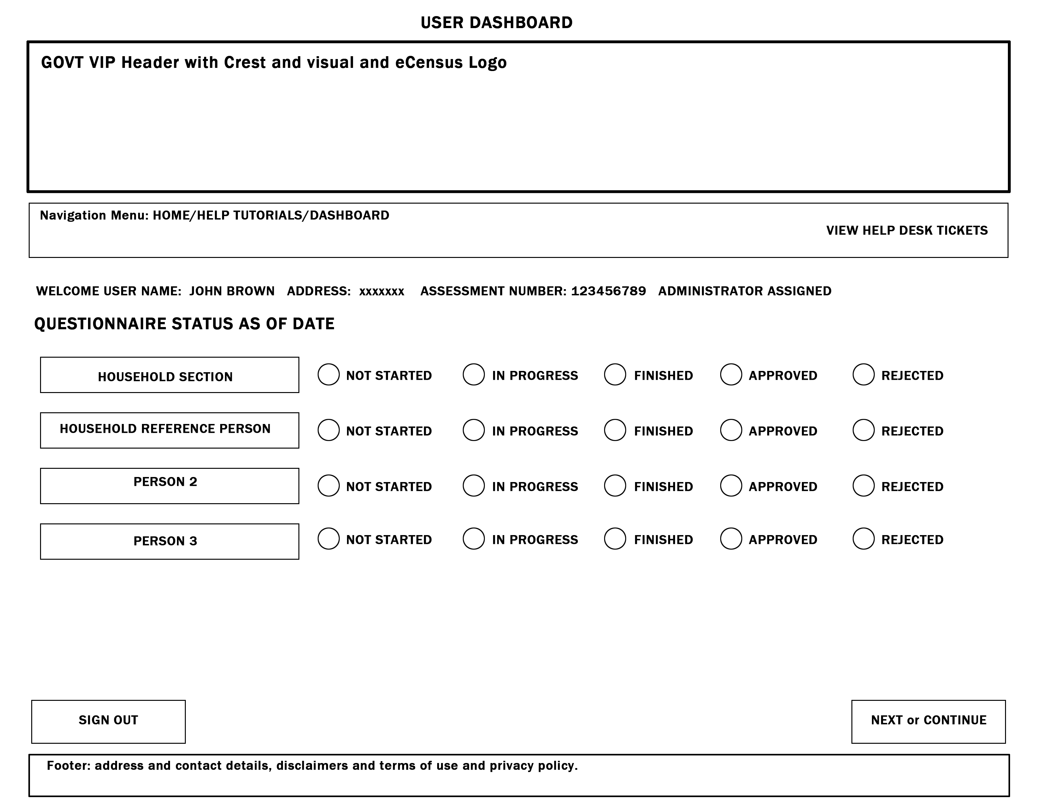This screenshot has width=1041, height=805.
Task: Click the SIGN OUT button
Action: click(108, 721)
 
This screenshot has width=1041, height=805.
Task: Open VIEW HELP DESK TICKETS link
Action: click(907, 231)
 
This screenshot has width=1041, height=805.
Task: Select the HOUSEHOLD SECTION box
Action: click(169, 375)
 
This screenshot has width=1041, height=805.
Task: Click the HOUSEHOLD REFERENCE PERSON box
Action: click(169, 430)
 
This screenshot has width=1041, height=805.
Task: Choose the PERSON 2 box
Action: click(169, 486)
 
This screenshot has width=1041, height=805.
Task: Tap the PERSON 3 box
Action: click(169, 541)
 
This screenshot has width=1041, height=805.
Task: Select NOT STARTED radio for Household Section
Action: click(328, 374)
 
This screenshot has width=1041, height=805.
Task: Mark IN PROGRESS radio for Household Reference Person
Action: click(473, 430)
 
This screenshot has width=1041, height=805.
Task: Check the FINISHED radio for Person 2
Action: click(615, 486)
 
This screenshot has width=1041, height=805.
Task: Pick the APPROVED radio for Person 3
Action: click(731, 539)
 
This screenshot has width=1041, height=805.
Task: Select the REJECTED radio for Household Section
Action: click(863, 374)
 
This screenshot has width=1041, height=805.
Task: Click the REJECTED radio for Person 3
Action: click(863, 539)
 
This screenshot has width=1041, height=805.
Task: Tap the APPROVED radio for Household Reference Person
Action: click(731, 430)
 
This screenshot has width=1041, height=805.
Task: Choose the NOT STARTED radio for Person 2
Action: click(328, 486)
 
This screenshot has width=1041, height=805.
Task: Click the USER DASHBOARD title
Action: click(496, 22)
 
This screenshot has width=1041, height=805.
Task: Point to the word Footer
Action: click(68, 766)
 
